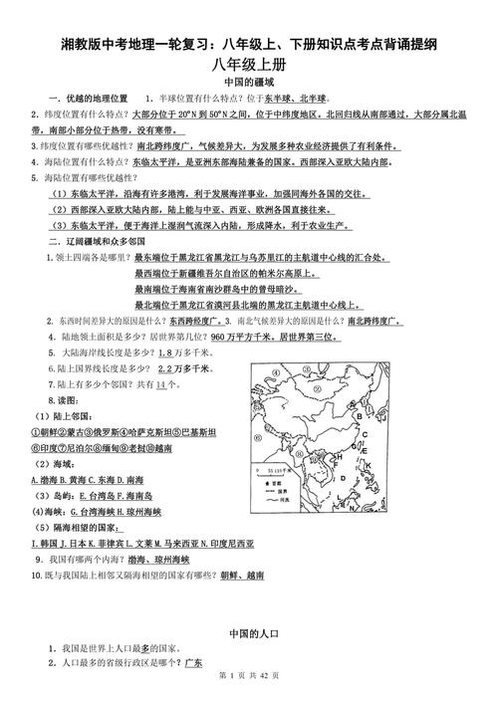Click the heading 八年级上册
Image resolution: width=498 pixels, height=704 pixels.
(249, 65)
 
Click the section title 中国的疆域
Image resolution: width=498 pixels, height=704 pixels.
(249, 84)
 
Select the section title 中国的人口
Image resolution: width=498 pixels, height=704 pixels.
(249, 632)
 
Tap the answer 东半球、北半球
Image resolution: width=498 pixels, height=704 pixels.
(290, 100)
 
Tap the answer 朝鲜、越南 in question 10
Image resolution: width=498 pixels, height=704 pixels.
(240, 576)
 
